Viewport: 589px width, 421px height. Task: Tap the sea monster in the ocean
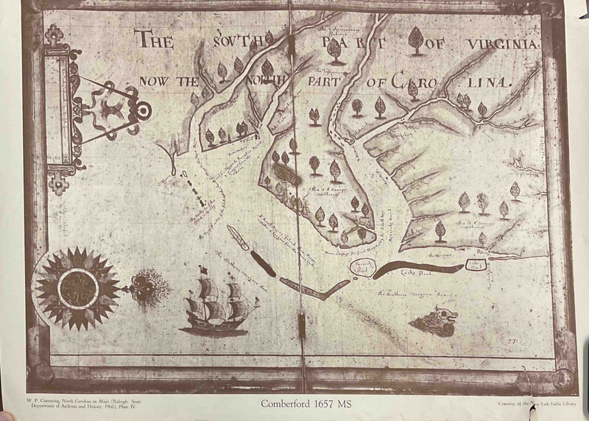tap(434, 319)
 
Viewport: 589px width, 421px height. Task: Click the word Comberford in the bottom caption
tap(286, 403)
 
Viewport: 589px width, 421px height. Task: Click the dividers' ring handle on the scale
tap(144, 111)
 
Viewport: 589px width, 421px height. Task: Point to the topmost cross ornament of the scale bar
tap(54, 33)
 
